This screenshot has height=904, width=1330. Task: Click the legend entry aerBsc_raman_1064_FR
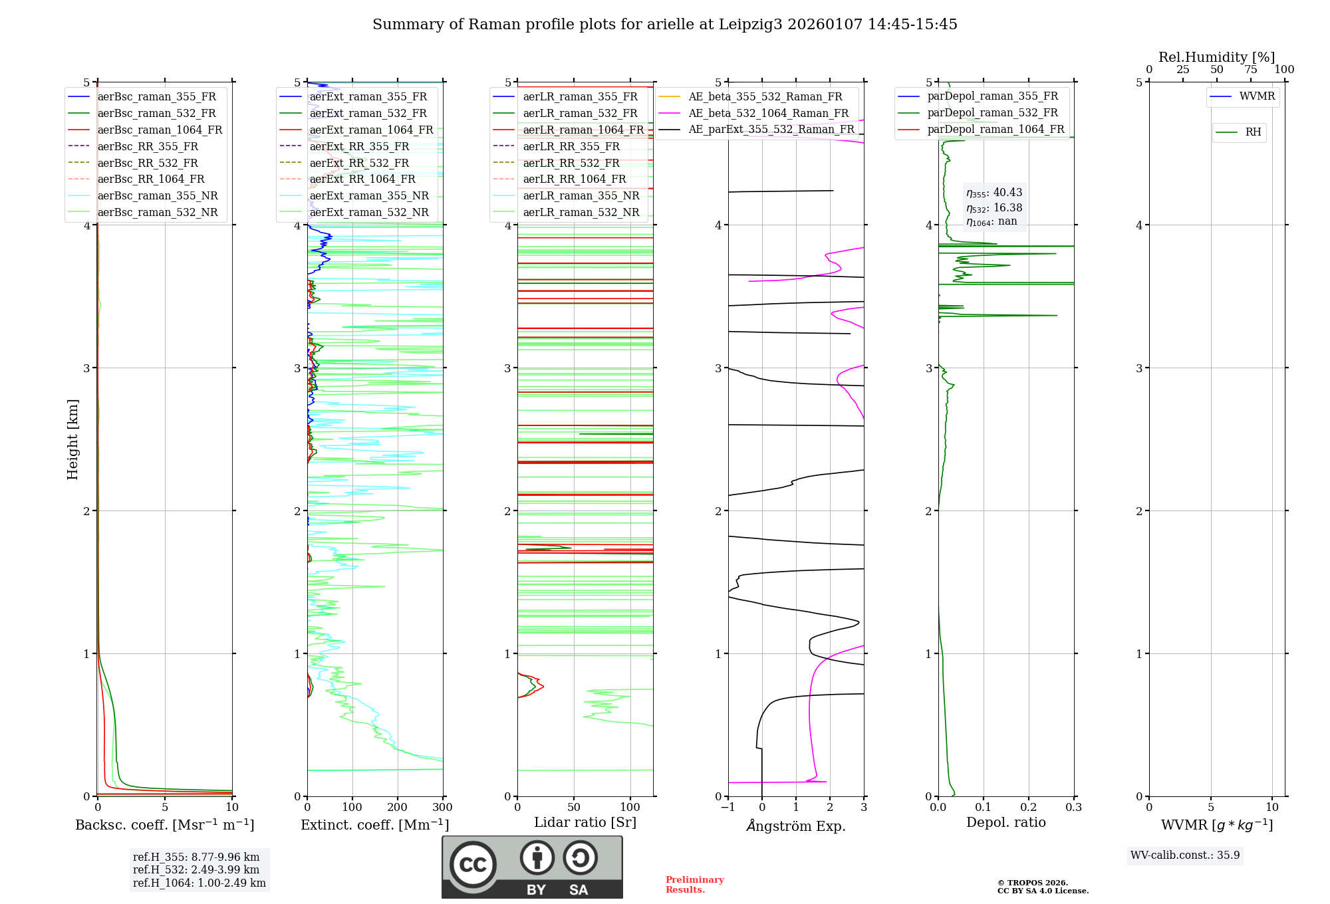coord(160,130)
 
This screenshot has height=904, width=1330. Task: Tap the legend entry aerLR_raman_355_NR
coord(581,195)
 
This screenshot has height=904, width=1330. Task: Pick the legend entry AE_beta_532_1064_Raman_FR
coord(768,113)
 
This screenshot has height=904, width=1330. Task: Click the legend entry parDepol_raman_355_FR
coord(992,96)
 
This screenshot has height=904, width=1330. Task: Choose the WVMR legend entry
coord(1257,96)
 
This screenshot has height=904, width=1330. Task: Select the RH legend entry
coord(1253,132)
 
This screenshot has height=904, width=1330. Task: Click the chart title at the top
coord(664,25)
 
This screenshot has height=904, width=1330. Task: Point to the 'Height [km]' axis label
coord(72,439)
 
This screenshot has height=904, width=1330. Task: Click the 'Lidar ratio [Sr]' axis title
coord(585,822)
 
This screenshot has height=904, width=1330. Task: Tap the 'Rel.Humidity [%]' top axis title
coord(1216,57)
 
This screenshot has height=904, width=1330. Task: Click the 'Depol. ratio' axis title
coord(1005,822)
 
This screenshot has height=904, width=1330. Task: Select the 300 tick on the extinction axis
coord(442,808)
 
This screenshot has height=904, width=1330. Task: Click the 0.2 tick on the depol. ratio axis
coord(1028,808)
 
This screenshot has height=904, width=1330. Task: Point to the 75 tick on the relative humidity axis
coord(1250,70)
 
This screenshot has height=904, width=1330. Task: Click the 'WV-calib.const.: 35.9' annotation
coord(1184,855)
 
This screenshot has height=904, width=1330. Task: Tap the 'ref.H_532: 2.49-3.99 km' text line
coord(196,869)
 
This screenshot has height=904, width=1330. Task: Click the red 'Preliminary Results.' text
coord(694,885)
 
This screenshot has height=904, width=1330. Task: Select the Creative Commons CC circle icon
coord(473,865)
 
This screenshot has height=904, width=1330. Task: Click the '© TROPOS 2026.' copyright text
coord(1032,883)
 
